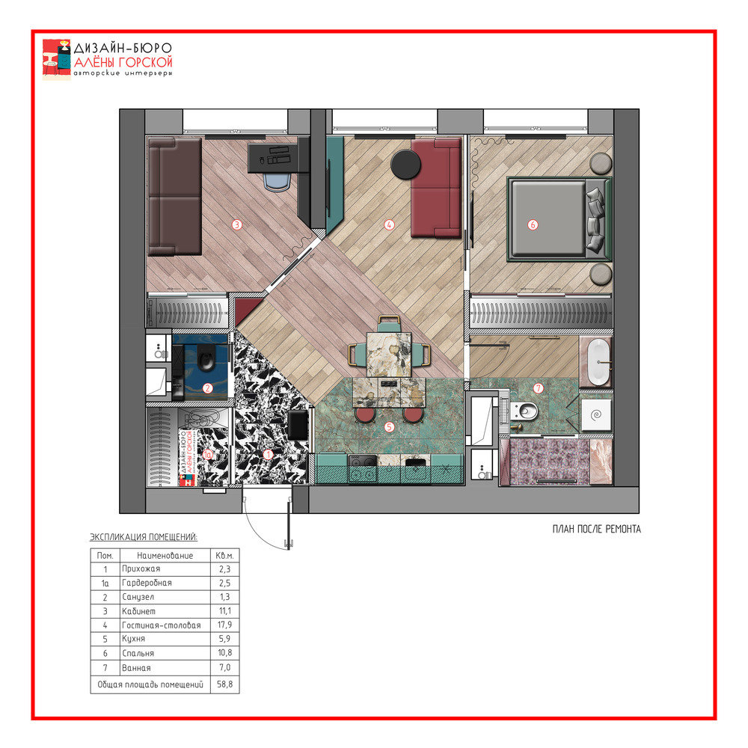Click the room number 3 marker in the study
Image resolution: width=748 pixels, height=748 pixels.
(x=236, y=224)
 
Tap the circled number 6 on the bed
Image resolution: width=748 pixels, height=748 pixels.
(x=533, y=224)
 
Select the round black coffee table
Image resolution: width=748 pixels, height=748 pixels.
(x=405, y=165)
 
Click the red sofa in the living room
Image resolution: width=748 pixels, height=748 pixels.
(x=436, y=188)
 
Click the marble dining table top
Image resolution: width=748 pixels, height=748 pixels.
(x=389, y=355)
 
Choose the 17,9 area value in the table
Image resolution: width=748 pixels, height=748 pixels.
(x=224, y=625)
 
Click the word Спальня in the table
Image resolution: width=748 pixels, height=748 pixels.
(x=138, y=653)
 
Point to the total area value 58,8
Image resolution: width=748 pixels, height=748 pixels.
(x=224, y=684)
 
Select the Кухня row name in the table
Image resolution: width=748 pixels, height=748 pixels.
(x=134, y=639)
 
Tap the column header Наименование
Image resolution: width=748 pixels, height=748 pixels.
(x=165, y=556)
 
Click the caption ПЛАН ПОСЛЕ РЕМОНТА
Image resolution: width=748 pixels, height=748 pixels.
(x=596, y=529)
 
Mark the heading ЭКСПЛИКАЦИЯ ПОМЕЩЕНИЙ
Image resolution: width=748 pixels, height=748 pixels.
(x=144, y=537)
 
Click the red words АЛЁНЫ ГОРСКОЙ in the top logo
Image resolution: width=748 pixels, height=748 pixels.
(x=123, y=63)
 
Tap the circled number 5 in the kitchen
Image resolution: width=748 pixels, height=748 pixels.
(x=389, y=427)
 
